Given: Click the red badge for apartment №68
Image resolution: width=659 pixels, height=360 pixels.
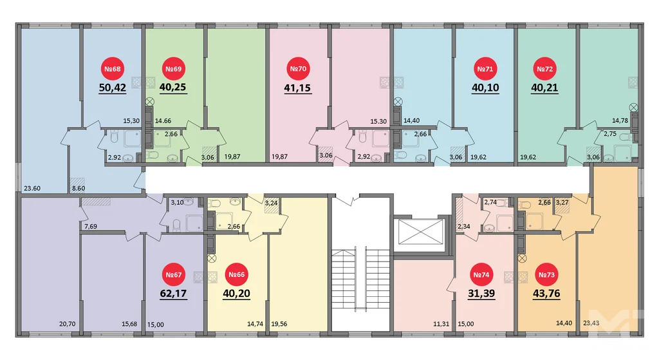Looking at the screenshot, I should [x=113, y=69].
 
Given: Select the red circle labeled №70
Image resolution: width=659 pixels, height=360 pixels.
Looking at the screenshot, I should [x=297, y=69].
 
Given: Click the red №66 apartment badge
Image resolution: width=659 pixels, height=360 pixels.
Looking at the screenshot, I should [x=236, y=276].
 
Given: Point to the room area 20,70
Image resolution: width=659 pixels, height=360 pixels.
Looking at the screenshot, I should [x=67, y=324].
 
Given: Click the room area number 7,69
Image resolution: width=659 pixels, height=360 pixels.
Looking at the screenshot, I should [x=91, y=225].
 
